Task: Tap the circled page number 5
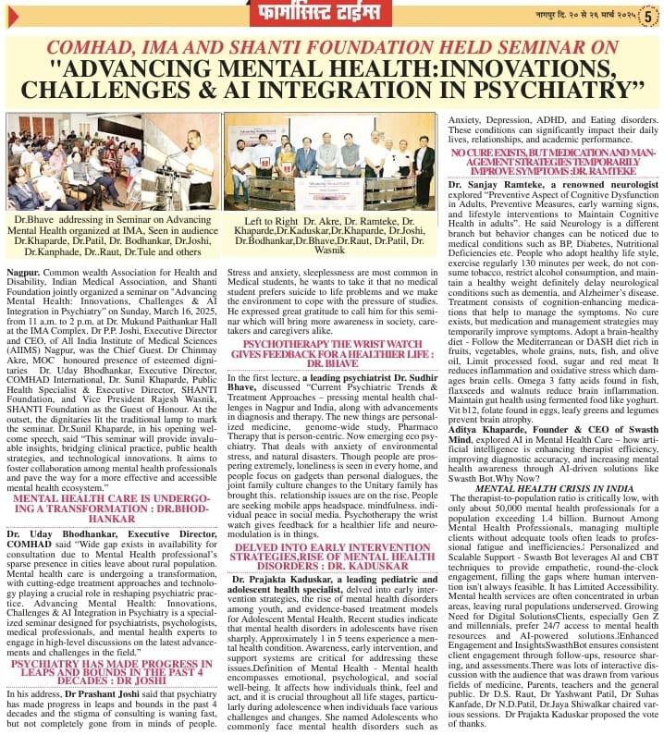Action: click(x=651, y=16)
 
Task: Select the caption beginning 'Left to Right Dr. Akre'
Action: click(x=331, y=235)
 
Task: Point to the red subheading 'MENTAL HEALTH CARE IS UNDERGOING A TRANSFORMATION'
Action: click(x=112, y=508)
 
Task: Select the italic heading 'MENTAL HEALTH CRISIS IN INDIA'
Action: click(x=553, y=487)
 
